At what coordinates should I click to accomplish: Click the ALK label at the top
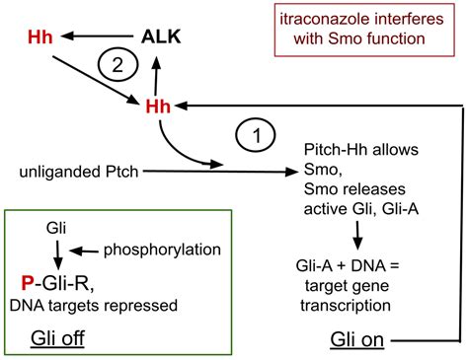pyautogui.click(x=161, y=37)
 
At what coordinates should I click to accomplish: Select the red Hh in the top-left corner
pyautogui.click(x=40, y=37)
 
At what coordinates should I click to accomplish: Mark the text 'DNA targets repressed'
pyautogui.click(x=93, y=305)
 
